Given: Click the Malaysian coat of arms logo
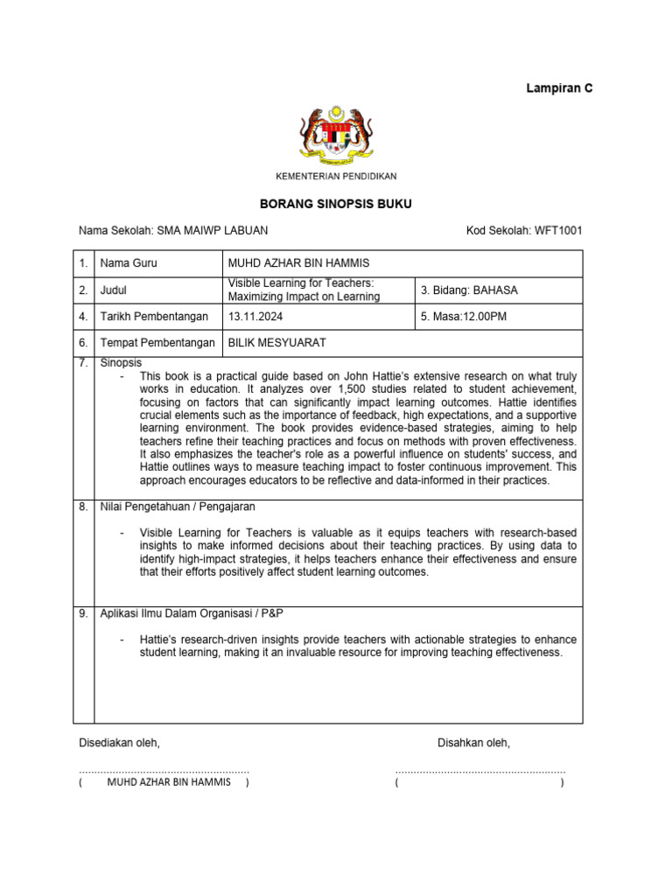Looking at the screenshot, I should [336, 135].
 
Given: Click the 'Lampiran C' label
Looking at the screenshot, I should [559, 88].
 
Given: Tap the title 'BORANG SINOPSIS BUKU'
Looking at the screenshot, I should [336, 204].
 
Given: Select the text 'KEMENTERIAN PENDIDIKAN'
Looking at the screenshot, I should [336, 177].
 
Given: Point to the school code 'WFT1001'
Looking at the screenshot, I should [553, 231].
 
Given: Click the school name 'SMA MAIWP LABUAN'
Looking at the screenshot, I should [212, 231].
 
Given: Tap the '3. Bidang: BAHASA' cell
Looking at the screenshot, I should [470, 290].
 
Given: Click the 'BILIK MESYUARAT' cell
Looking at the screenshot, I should [276, 344].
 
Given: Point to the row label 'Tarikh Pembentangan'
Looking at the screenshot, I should [155, 317].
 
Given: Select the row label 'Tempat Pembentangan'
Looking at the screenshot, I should [157, 344].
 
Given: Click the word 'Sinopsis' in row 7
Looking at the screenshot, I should [121, 362].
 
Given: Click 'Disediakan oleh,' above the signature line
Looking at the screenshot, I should [120, 743].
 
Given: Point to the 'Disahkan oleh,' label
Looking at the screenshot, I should [473, 743].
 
